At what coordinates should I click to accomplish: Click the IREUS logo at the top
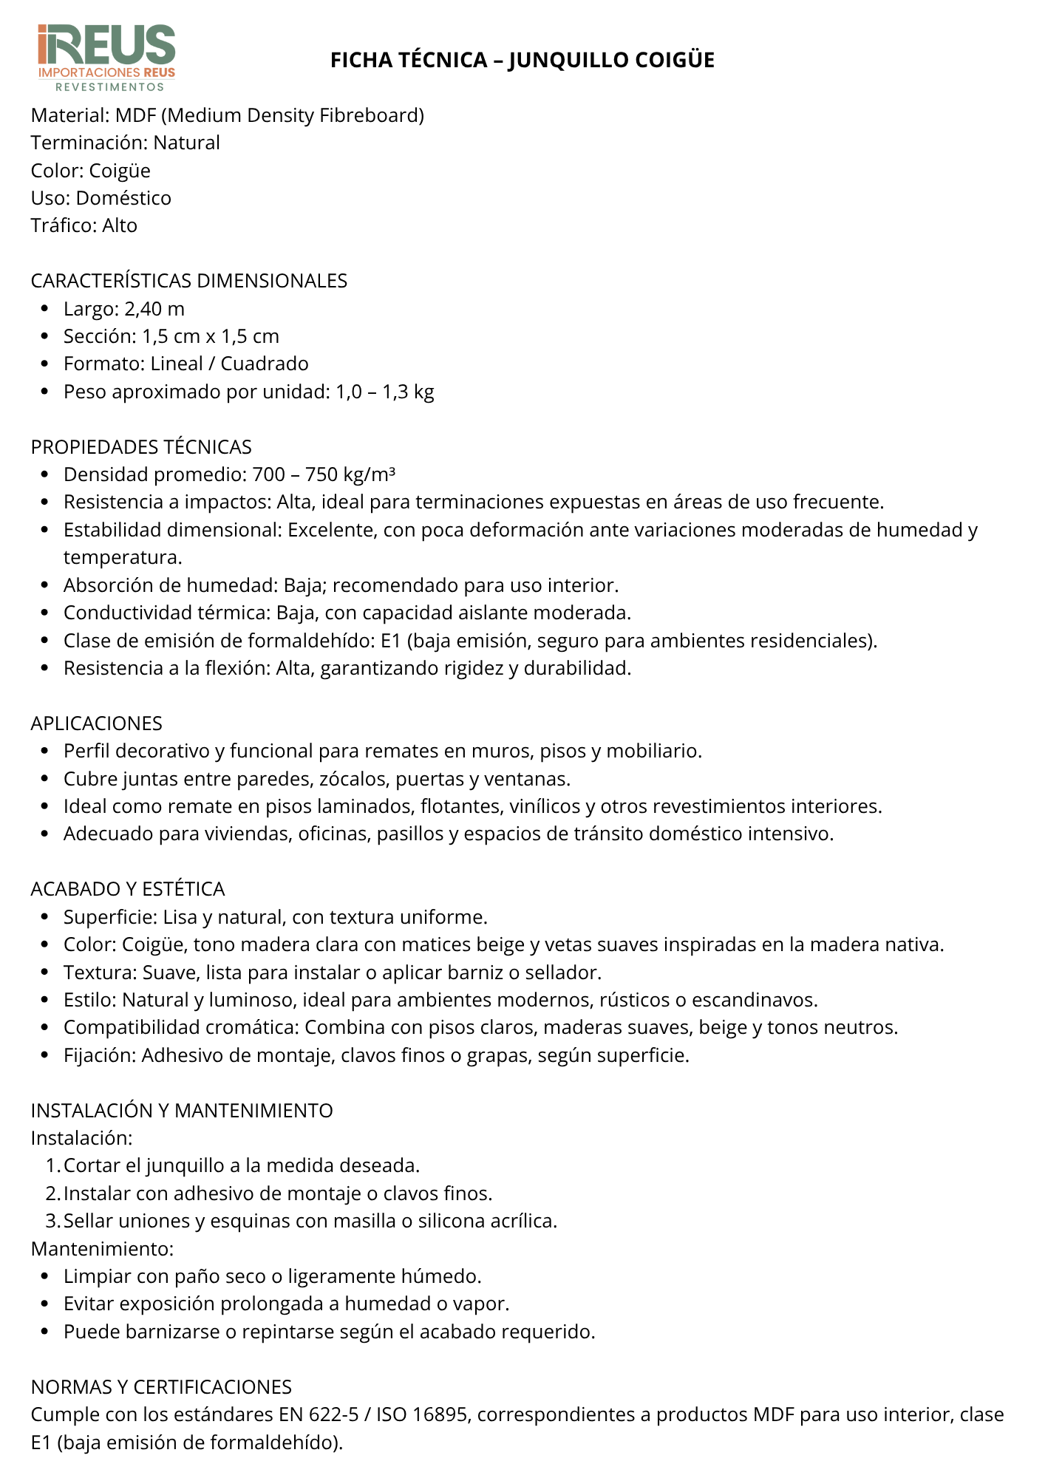[x=106, y=58]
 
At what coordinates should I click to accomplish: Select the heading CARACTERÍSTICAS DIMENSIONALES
[x=189, y=281]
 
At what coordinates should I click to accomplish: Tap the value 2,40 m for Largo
[x=154, y=309]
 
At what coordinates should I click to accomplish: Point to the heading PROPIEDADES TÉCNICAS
[x=141, y=447]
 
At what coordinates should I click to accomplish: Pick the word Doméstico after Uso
[x=123, y=198]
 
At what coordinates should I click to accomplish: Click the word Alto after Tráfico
[x=120, y=225]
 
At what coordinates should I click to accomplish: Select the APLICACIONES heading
[x=97, y=723]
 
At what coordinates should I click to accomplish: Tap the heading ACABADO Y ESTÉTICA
[x=128, y=889]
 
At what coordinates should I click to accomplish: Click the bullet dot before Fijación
[x=46, y=1055]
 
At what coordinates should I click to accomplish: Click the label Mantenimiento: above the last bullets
[x=102, y=1249]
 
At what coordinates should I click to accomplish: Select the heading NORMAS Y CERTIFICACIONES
[x=161, y=1387]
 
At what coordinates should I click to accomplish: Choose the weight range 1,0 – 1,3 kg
[x=384, y=392]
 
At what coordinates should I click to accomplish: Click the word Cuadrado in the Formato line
[x=265, y=364]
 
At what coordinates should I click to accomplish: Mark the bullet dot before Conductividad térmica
[x=46, y=613]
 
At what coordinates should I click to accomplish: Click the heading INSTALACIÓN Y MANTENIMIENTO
[x=182, y=1111]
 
